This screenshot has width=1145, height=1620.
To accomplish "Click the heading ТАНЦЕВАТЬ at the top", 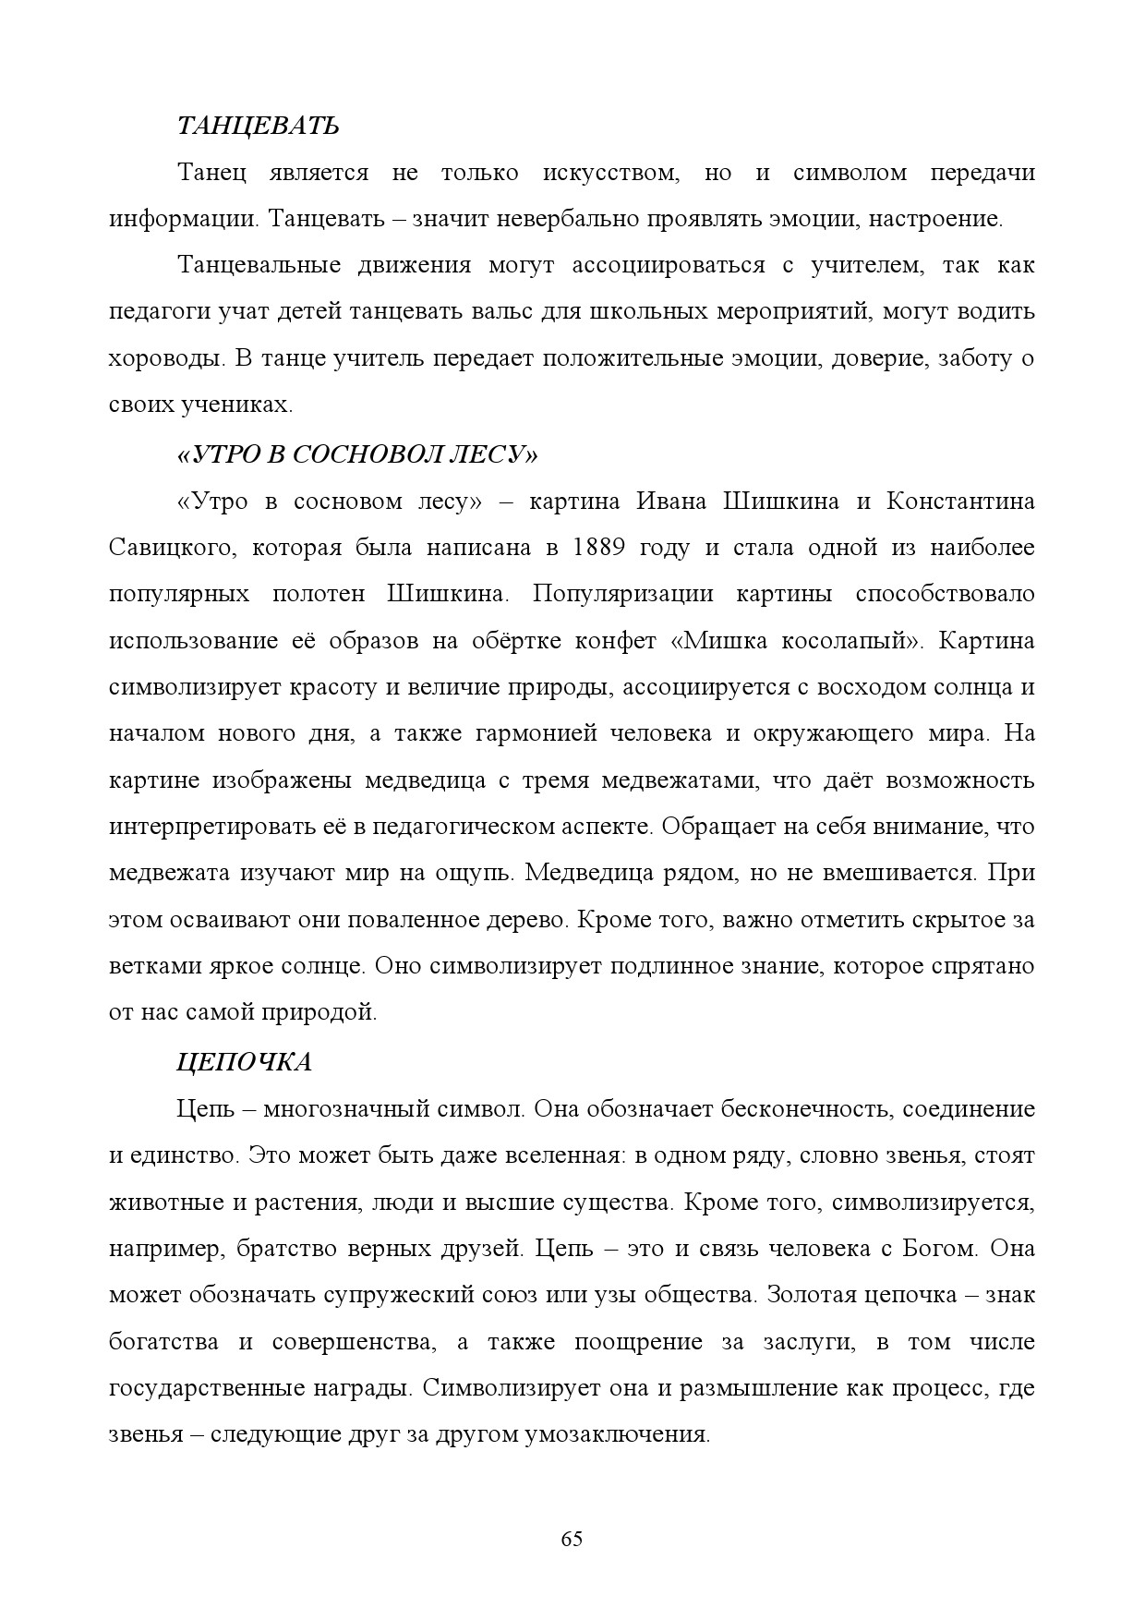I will click(258, 126).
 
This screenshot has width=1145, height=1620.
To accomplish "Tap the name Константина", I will click(960, 502).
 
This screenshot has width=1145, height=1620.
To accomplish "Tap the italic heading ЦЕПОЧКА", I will click(244, 1062).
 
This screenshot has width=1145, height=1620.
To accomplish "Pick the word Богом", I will click(936, 1249).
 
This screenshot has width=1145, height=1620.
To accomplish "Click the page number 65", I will click(572, 1539).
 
